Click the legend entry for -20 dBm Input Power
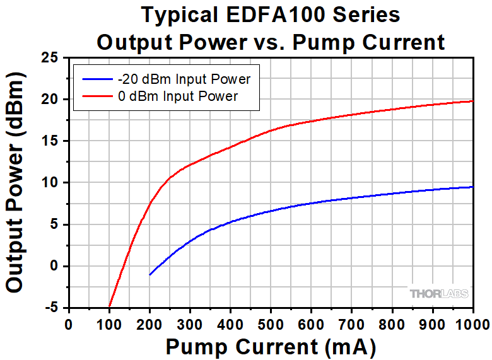pyautogui.click(x=184, y=79)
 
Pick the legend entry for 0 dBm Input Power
pyautogui.click(x=177, y=96)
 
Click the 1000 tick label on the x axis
pyautogui.click(x=472, y=324)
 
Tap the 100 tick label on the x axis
pyautogui.click(x=109, y=324)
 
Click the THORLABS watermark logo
pyautogui.click(x=438, y=294)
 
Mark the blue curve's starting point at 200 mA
pyautogui.click(x=149, y=275)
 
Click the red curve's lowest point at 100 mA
pyautogui.click(x=109, y=306)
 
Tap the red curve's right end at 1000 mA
pyautogui.click(x=472, y=101)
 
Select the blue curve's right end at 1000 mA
pyautogui.click(x=472, y=187)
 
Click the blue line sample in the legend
pyautogui.click(x=95, y=79)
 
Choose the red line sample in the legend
pyautogui.click(x=95, y=96)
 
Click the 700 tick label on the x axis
pyautogui.click(x=392, y=324)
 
